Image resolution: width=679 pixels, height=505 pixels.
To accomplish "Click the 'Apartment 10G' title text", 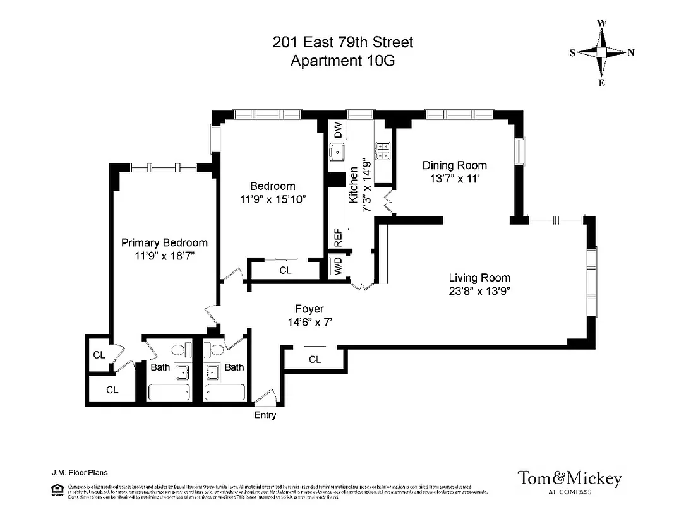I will coord(342,61).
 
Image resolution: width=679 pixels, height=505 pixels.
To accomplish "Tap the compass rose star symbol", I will coord(602,53).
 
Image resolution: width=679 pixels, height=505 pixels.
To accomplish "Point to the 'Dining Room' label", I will coord(455,165).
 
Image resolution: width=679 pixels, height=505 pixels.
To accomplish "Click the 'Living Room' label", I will coord(479,278).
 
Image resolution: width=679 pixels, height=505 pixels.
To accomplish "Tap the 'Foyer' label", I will coord(309,309).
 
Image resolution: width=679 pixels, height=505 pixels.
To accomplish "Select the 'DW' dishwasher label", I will coord(338,131).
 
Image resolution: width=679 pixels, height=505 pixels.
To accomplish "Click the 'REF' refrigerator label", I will coord(338,238).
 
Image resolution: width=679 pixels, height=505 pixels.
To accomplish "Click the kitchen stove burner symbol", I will coord(383,150).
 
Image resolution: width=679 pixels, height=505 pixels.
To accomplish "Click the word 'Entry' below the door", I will coord(265,415).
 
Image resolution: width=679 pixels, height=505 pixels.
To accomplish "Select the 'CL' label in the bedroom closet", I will coord(285,271).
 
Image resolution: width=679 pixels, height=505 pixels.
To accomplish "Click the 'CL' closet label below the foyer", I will coord(315,360).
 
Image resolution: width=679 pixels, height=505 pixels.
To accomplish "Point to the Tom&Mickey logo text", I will coord(569,478).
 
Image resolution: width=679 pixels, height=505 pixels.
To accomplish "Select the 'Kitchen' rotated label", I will coord(354,184).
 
